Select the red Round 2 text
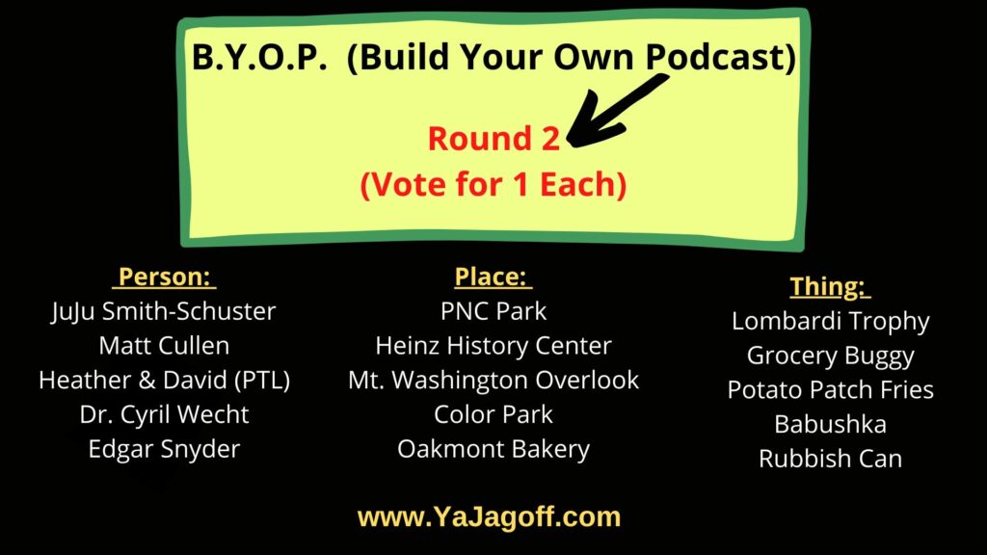pos(493,139)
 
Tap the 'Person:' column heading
pos(164,277)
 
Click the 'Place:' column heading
pos(493,277)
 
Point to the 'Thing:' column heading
pos(830,286)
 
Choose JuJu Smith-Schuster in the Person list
pos(164,311)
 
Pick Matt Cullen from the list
pos(164,345)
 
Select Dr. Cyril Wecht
pos(164,414)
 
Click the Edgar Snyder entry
pos(164,449)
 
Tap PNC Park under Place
pos(493,311)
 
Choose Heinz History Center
pos(493,345)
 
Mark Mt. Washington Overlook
pos(493,380)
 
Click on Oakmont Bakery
pos(493,449)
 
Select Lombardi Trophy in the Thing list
pos(830,321)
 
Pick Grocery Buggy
pos(830,355)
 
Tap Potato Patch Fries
pos(830,389)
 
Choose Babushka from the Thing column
pos(830,424)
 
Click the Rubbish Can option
pos(830,459)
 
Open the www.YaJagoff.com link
pos(489,517)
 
